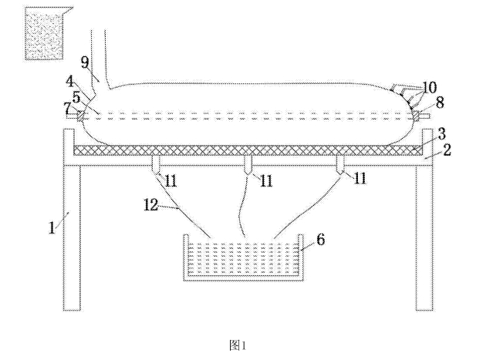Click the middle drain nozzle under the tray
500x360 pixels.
(247, 164)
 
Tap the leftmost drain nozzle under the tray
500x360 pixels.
(156, 164)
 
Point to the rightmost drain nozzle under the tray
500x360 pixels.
(340, 164)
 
